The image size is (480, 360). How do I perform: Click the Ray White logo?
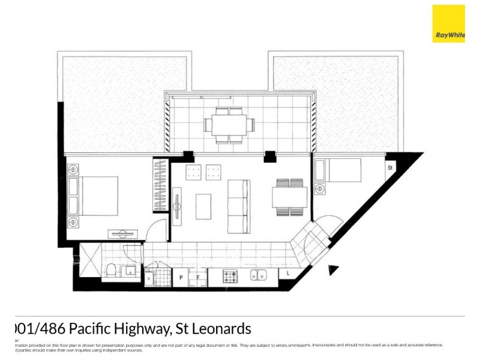pos(448,23)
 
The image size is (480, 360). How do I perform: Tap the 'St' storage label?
pos(390,167)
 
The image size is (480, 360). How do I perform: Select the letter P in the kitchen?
pos(180,277)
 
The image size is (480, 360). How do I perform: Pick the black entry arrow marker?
pos(332,271)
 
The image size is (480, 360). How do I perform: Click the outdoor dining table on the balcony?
pos(229,125)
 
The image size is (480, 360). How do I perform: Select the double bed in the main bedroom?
pos(96,196)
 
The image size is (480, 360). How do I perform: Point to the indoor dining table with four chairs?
pos(290,197)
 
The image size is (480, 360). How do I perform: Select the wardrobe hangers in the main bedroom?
pos(160,185)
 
